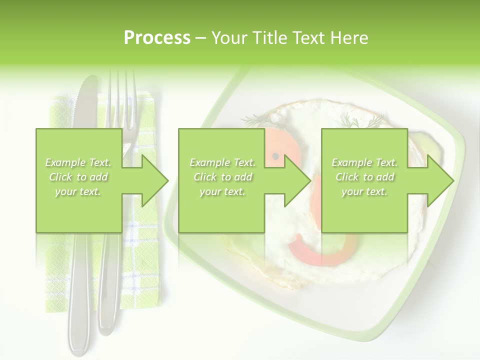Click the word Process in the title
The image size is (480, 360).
[x=157, y=38]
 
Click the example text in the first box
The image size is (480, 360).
[x=78, y=177]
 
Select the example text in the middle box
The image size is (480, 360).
[x=222, y=177]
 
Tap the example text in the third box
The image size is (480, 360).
[x=364, y=177]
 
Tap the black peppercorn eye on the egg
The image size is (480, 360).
[x=275, y=156]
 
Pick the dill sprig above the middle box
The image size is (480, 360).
[x=260, y=120]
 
